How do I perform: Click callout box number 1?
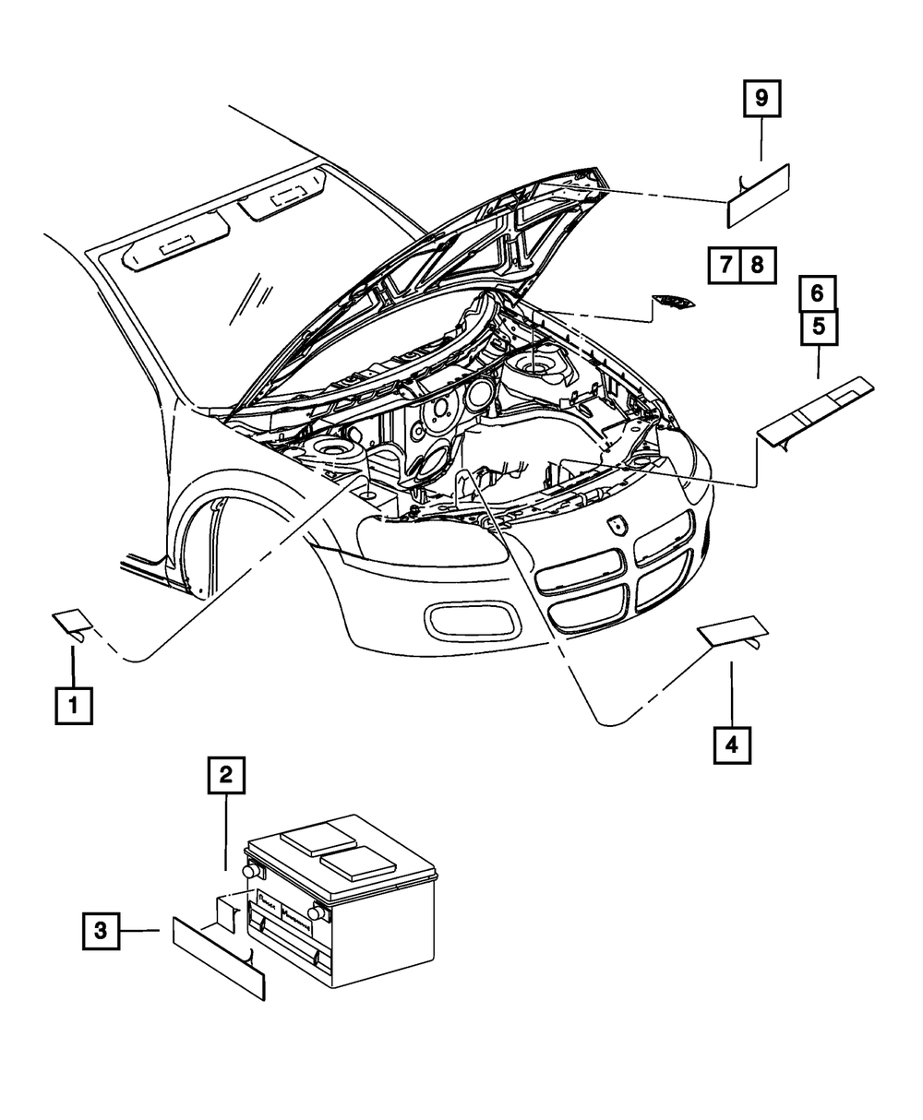click(73, 707)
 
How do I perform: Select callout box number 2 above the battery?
click(226, 775)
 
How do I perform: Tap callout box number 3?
click(101, 931)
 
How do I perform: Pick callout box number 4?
click(732, 745)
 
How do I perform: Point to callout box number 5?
click(819, 327)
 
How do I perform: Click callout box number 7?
click(725, 266)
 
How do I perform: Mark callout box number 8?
click(757, 266)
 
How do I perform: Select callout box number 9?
click(761, 100)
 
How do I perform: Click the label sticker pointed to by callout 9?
click(758, 196)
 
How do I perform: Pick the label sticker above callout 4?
click(732, 630)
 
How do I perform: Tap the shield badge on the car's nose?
click(616, 524)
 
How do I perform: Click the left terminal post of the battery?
click(250, 870)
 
